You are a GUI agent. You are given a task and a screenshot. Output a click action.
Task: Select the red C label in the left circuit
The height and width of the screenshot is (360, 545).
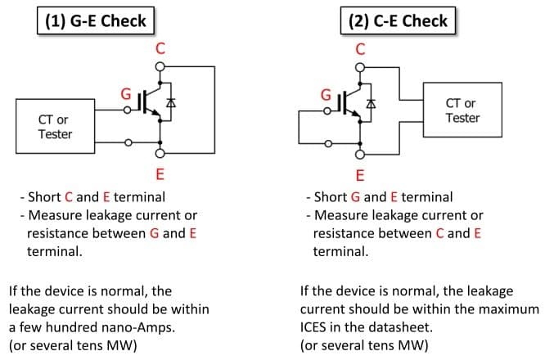(160, 48)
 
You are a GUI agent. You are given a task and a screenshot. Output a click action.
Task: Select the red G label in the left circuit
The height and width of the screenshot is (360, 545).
(126, 94)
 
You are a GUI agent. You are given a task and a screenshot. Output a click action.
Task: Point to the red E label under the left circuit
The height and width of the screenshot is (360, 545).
(160, 173)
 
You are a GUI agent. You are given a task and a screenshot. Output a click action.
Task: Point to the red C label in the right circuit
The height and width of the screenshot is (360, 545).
(360, 49)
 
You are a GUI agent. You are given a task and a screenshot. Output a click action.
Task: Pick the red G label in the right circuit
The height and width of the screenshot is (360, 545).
(326, 95)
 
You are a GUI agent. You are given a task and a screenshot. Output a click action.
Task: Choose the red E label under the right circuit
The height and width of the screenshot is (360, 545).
(360, 175)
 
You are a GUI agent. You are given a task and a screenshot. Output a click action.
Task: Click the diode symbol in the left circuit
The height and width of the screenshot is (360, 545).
(171, 103)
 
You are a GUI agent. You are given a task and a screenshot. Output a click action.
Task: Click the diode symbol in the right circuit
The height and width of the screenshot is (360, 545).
(371, 104)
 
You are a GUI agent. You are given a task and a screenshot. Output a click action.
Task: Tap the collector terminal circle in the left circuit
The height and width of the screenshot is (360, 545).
(160, 66)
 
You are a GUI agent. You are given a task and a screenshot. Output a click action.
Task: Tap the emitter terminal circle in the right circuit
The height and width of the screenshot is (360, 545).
(360, 155)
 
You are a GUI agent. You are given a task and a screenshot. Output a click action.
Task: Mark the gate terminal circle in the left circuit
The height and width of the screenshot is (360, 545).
(127, 110)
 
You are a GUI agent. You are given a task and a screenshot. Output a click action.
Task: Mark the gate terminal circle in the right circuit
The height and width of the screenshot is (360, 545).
(327, 111)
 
